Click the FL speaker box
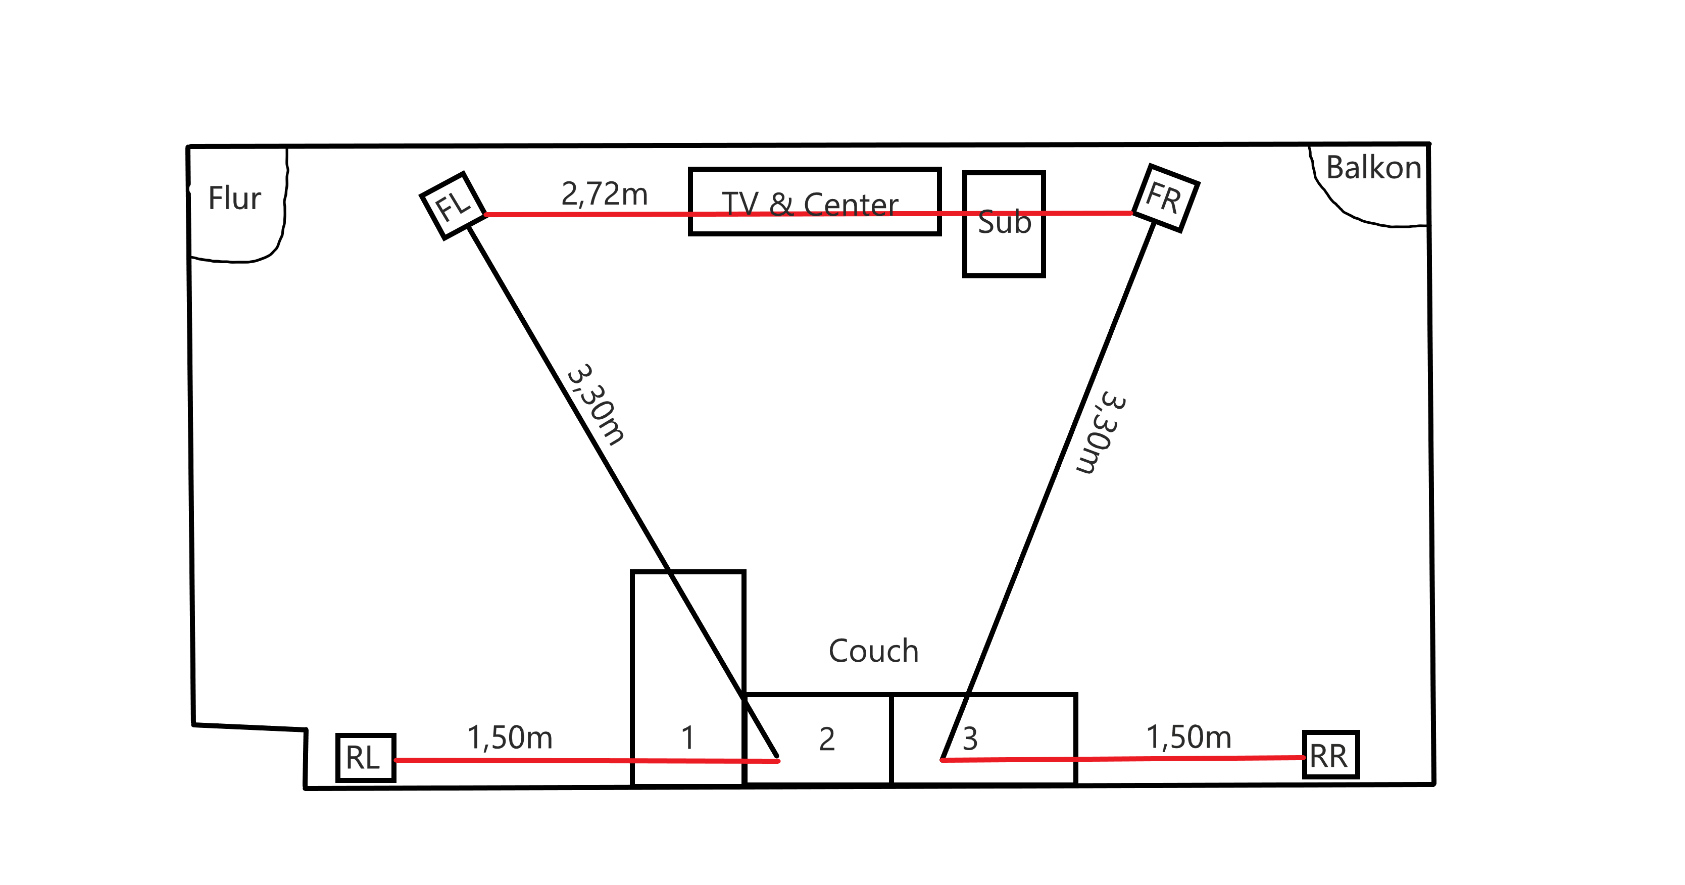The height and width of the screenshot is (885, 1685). coord(453,206)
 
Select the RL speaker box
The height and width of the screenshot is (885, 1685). coord(365,757)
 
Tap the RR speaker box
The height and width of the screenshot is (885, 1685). coord(1330,755)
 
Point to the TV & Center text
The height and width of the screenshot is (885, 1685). coord(810,204)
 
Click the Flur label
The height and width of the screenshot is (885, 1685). coord(234,198)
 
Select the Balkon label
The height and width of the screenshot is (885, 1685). coord(1373,168)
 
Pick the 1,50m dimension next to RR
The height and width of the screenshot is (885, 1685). coord(1188,736)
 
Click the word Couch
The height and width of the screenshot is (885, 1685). coord(873,651)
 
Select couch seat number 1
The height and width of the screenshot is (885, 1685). coord(687,738)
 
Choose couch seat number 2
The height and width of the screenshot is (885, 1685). coord(827,739)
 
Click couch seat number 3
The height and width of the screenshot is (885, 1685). coord(970,739)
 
